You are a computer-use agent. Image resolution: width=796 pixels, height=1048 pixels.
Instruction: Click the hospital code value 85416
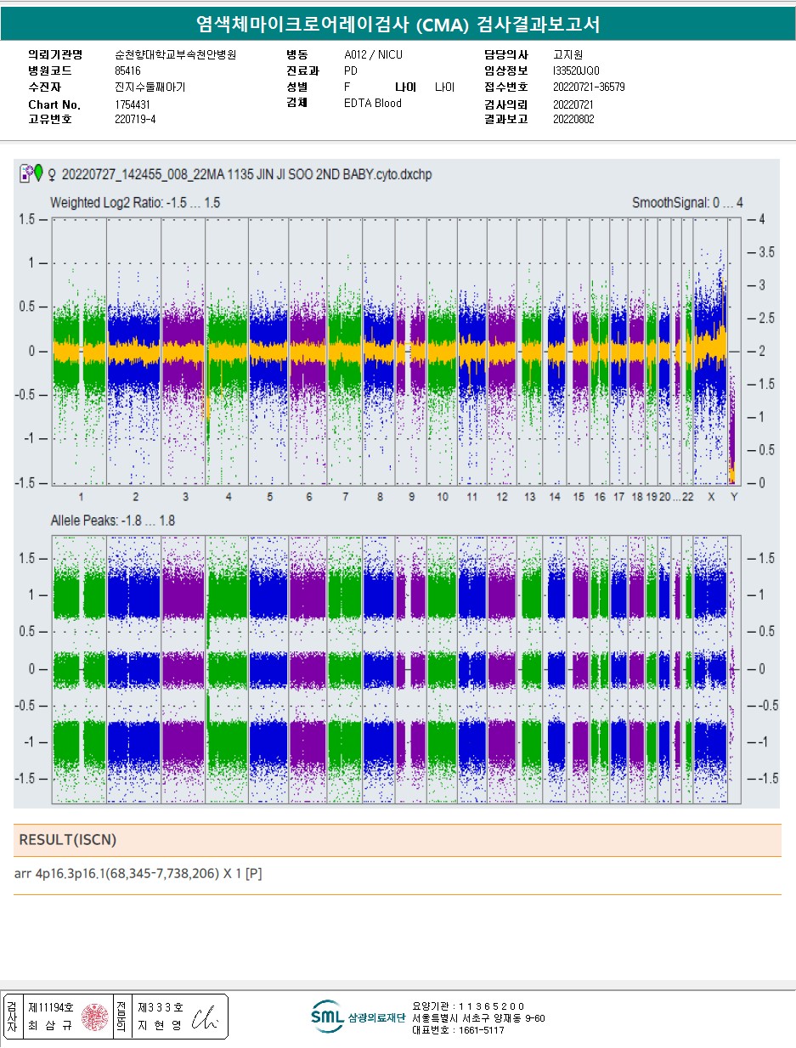tap(127, 70)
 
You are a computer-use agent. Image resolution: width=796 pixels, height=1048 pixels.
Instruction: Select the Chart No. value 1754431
tap(133, 104)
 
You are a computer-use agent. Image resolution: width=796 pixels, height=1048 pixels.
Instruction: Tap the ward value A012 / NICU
tap(374, 54)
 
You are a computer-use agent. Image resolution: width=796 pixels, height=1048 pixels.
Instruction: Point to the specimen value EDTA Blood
tap(373, 104)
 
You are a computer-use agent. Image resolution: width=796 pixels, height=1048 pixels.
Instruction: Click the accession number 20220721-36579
tap(589, 87)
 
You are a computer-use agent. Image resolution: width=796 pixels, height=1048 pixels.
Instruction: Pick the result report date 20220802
tap(573, 119)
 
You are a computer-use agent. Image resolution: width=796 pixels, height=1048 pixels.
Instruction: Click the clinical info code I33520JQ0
tap(576, 70)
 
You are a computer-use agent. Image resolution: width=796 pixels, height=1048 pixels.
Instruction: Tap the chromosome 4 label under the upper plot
tap(228, 496)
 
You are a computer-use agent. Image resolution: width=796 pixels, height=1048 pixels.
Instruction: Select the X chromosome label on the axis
tap(711, 496)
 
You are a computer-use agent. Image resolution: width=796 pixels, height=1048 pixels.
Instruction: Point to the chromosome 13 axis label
tap(529, 496)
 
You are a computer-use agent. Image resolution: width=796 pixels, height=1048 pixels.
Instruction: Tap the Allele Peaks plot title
tap(113, 520)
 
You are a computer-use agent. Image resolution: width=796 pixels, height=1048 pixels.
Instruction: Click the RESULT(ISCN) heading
tap(68, 840)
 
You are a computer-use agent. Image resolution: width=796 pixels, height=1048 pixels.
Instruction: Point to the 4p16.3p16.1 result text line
tap(138, 873)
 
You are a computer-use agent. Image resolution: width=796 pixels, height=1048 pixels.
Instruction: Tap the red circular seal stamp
tap(94, 1017)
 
